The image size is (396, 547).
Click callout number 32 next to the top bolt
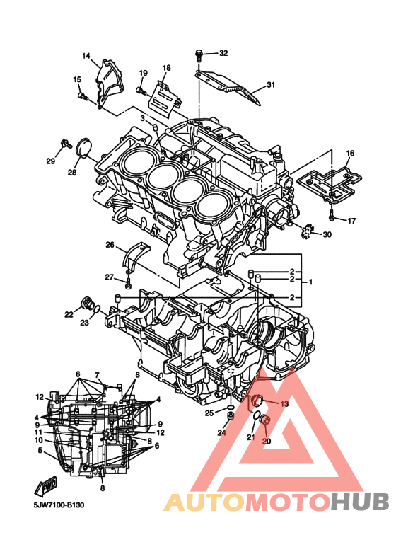223,53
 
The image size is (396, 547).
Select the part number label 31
271,84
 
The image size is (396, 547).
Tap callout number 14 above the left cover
86,56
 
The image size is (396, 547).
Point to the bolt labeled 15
83,96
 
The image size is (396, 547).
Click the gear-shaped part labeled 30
307,231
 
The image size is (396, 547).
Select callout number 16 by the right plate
350,153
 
